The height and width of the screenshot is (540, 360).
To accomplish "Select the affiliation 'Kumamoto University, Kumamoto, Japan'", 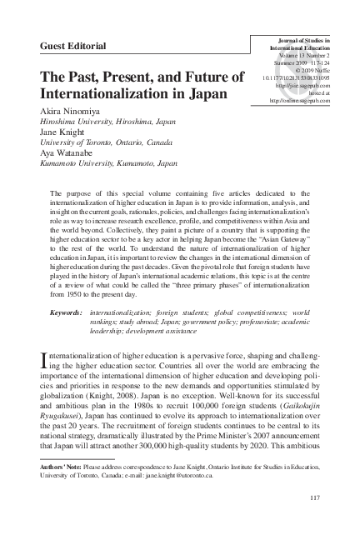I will [x=108, y=164].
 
